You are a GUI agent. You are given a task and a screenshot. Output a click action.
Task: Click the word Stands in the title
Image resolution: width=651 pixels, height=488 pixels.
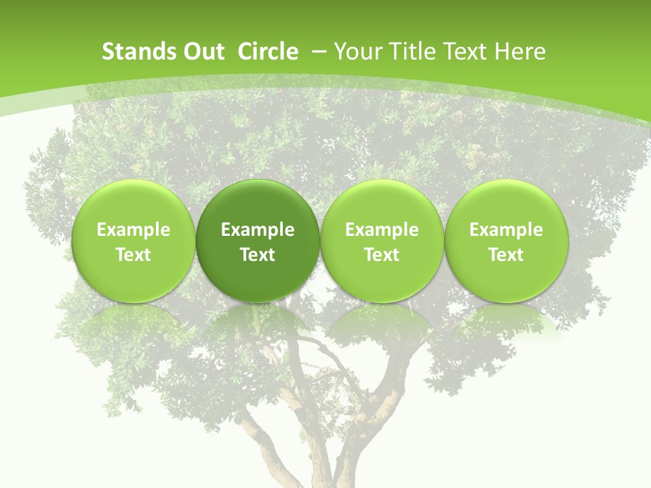[134, 52]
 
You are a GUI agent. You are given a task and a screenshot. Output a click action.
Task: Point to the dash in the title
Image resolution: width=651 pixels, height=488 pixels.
[320, 52]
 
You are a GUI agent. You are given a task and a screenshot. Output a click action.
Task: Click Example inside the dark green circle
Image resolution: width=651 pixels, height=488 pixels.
[258, 230]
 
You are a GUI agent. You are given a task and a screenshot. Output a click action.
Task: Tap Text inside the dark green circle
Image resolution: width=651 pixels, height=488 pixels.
[258, 255]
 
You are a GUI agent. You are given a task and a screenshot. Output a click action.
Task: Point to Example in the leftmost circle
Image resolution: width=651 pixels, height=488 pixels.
[134, 230]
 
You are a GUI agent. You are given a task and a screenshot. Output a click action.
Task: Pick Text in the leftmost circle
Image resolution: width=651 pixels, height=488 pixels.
[134, 255]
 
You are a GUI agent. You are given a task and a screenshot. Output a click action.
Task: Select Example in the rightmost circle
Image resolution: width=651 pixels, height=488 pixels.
[506, 230]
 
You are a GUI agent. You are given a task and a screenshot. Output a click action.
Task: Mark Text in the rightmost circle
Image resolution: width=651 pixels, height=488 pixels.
[506, 255]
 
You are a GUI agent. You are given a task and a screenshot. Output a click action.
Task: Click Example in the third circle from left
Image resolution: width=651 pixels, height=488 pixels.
[382, 230]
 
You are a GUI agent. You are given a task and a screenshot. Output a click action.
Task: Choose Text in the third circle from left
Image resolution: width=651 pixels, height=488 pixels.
[382, 255]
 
